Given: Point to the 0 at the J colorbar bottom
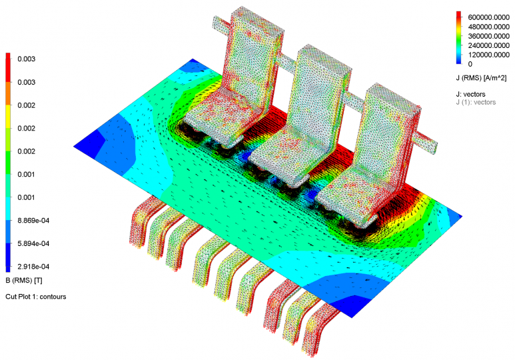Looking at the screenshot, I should point(470,64).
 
